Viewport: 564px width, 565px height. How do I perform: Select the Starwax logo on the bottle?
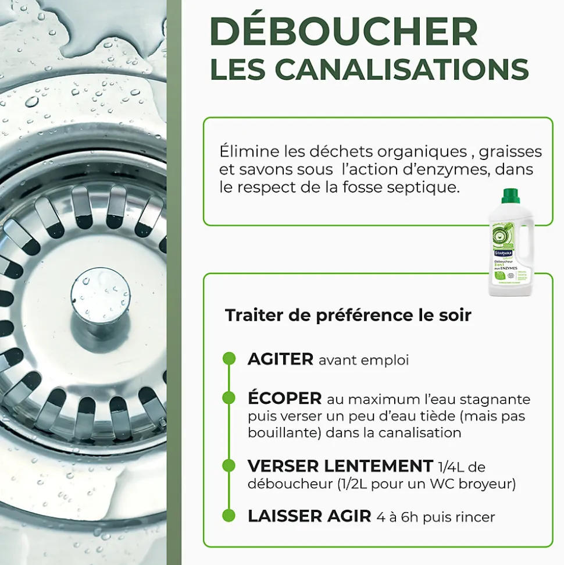(x=503, y=253)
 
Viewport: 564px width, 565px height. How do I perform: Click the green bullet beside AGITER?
(x=229, y=359)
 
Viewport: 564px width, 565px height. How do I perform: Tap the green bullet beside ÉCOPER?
(x=229, y=399)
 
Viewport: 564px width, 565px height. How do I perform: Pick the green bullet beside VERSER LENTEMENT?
(x=229, y=466)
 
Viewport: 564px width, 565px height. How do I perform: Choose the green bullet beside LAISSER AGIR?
(x=229, y=516)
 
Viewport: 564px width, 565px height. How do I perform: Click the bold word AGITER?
(x=280, y=359)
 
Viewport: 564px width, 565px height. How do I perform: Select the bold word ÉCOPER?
(x=284, y=399)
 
